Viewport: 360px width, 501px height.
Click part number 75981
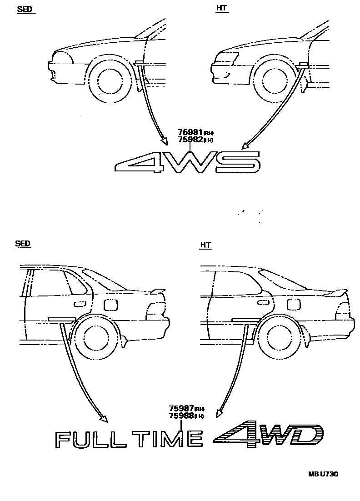(x=190, y=133)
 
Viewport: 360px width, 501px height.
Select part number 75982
(x=190, y=140)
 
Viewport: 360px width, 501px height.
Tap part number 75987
(x=181, y=409)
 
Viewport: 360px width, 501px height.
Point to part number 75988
(x=181, y=416)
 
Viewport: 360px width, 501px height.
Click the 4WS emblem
(x=187, y=162)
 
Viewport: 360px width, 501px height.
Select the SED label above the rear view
(x=22, y=244)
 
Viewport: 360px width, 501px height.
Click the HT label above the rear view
(x=205, y=245)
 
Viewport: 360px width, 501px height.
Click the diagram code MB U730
(x=323, y=474)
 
